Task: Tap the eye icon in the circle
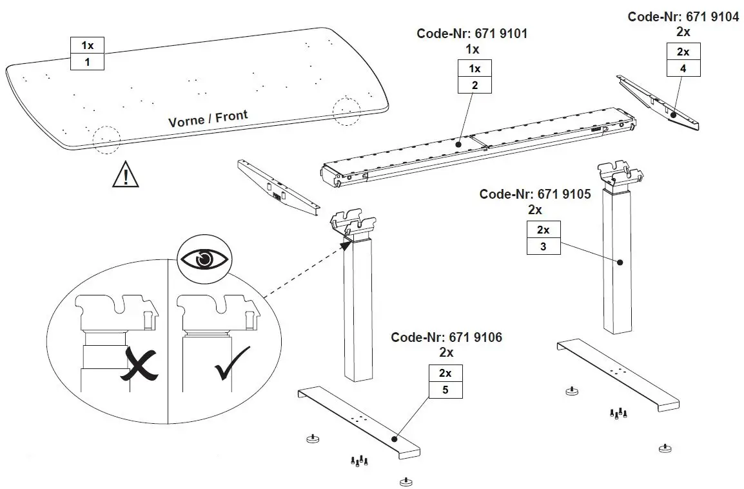(204, 259)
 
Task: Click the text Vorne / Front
(208, 119)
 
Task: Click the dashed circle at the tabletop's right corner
(346, 111)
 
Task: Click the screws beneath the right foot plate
(618, 414)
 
